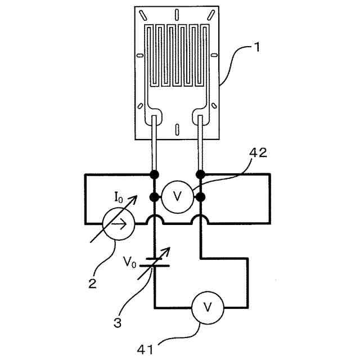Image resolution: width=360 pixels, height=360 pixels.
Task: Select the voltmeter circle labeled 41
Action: [x=208, y=307]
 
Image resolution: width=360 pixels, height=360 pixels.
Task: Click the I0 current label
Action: [x=119, y=197]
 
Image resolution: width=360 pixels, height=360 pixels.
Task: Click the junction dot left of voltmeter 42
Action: [x=154, y=197]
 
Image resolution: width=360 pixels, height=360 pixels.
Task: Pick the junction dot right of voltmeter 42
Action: [x=200, y=197]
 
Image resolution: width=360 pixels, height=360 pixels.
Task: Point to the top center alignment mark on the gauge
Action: [x=177, y=14]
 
